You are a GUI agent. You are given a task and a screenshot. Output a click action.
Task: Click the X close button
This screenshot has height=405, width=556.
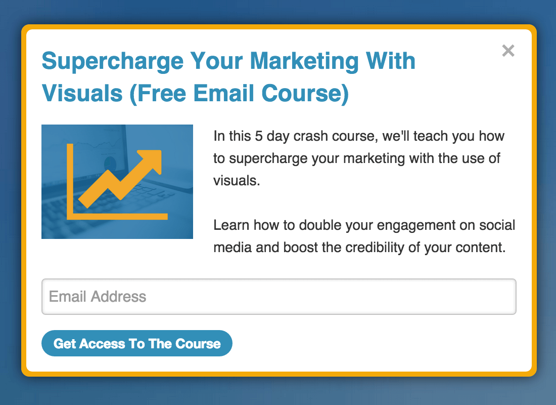[x=508, y=51]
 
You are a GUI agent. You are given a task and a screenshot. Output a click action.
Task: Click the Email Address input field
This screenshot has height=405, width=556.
[x=279, y=297]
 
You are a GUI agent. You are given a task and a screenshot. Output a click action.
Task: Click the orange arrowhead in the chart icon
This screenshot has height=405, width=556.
[x=151, y=159]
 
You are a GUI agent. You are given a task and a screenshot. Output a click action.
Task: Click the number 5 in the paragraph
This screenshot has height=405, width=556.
[x=258, y=136]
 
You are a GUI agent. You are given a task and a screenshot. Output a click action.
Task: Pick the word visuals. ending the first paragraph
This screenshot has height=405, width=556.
[x=237, y=180]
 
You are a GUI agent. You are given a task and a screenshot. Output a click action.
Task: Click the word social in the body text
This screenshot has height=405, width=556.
[x=497, y=225]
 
